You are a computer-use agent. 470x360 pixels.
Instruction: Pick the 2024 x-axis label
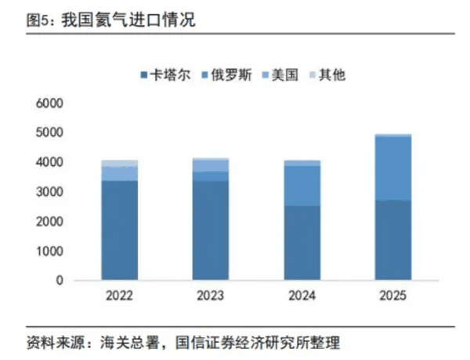[302, 297]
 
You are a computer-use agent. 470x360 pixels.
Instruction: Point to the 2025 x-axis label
[392, 297]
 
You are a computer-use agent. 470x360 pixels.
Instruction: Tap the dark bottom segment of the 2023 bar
[210, 231]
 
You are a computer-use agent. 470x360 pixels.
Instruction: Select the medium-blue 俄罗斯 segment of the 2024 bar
[302, 185]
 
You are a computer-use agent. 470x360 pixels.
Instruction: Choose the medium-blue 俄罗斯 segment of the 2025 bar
[392, 168]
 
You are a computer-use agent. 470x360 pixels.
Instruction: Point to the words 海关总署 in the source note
[127, 343]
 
